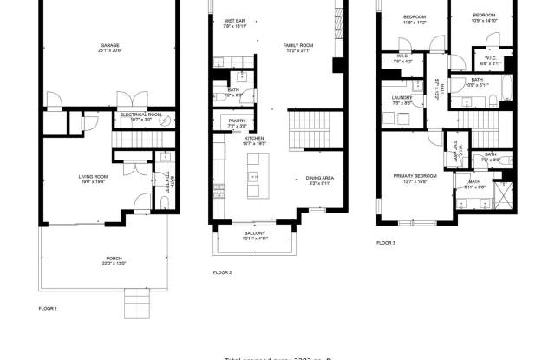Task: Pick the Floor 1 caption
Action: coord(48,309)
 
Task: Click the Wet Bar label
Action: coord(235,23)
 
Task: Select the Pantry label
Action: coord(238,122)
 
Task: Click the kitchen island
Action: coord(256,176)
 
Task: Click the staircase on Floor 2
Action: coord(304,135)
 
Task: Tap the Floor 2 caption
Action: coord(222,272)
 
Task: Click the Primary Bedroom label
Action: coord(408,178)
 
